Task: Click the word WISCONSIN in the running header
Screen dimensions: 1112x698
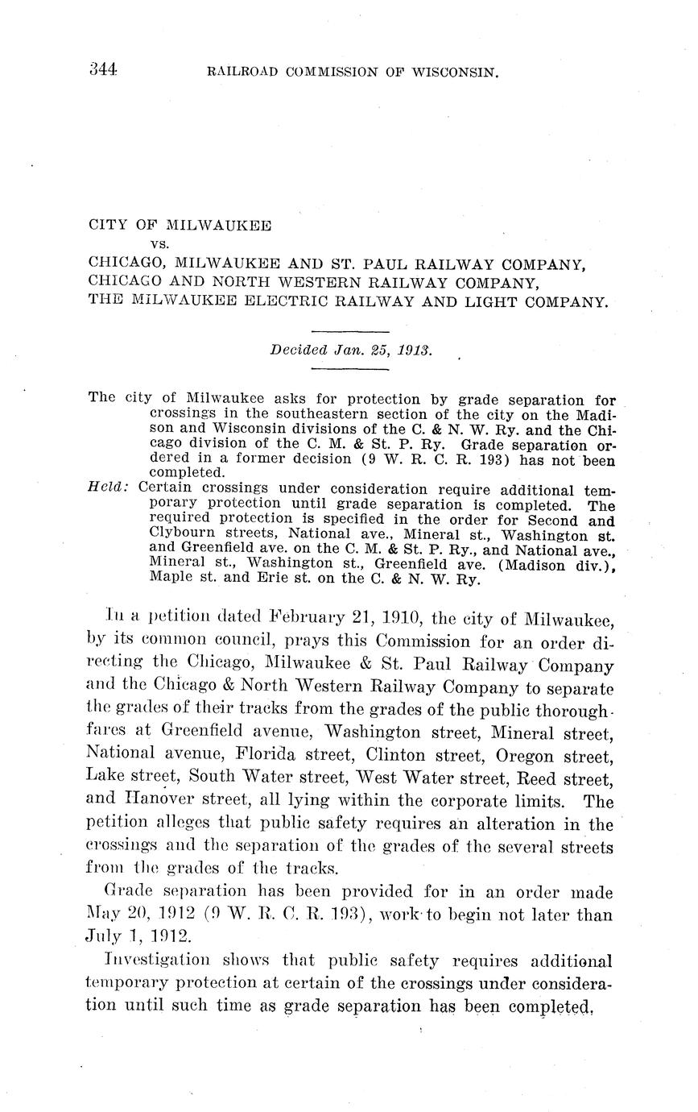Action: [457, 72]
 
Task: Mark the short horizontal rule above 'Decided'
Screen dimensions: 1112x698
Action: [349, 331]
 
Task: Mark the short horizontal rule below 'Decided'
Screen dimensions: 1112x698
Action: [349, 369]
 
